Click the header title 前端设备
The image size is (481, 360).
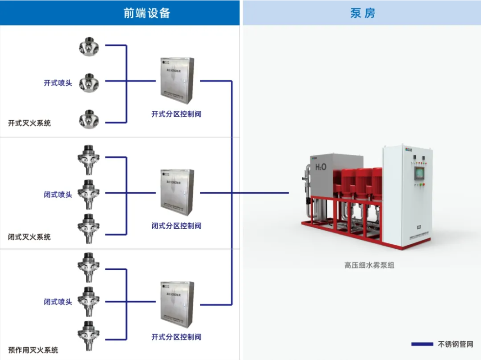tap(147, 13)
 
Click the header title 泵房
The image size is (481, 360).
tap(362, 13)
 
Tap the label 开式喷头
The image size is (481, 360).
tap(58, 83)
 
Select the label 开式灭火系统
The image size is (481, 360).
tap(29, 123)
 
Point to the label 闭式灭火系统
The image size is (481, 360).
tap(29, 237)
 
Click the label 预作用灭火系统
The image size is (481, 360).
tap(33, 350)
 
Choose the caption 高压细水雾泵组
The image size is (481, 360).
tap(369, 264)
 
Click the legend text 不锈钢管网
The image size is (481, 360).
tap(455, 345)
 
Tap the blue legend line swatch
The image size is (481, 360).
tap(422, 345)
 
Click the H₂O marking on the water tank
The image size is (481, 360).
tap(321, 167)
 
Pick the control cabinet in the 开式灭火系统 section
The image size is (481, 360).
tap(177, 81)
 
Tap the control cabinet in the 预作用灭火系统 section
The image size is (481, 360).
tap(177, 305)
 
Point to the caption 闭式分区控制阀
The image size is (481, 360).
tap(176, 226)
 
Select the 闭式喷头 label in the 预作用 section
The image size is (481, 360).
tap(58, 302)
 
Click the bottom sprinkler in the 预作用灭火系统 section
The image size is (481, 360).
tap(88, 335)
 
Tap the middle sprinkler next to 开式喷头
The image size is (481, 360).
tap(88, 83)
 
